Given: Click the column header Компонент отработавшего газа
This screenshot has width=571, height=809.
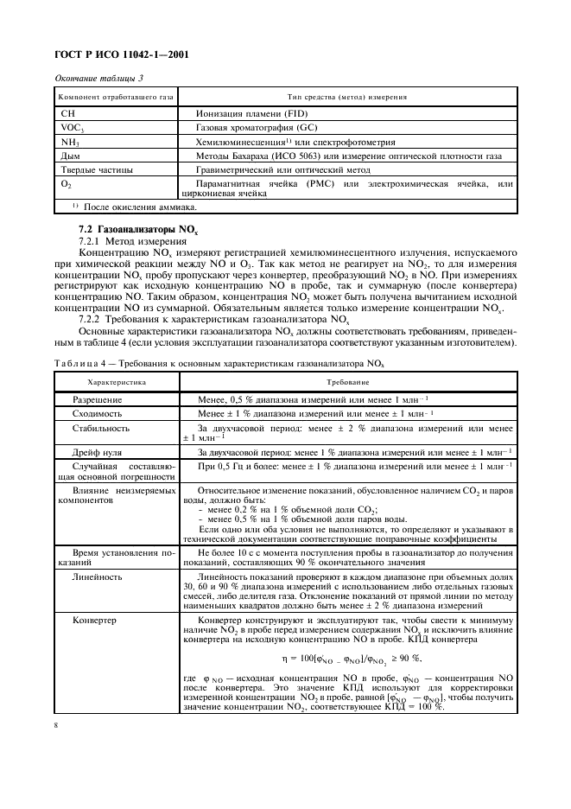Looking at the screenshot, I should [117, 97].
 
